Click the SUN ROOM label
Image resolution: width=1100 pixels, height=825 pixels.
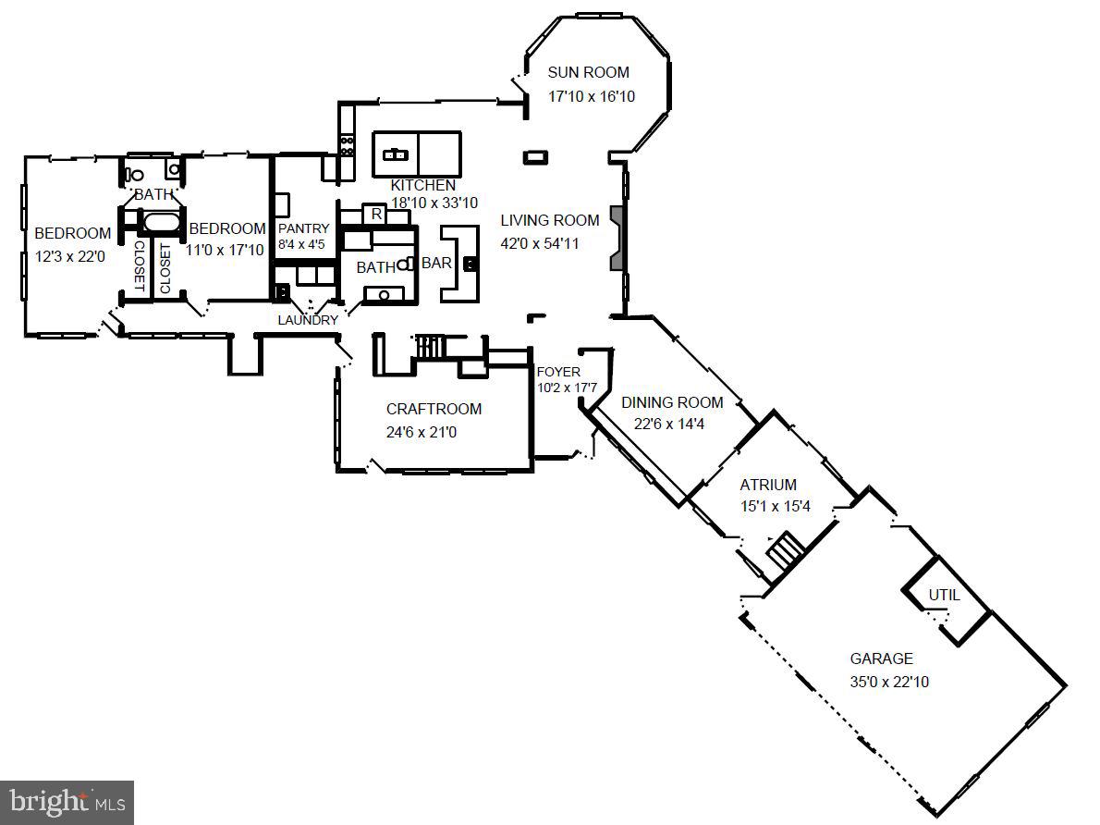(x=588, y=72)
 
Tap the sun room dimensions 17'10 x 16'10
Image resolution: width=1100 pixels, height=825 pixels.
(x=592, y=96)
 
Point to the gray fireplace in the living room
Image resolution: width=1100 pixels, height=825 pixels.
(x=617, y=238)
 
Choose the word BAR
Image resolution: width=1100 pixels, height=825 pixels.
(x=436, y=264)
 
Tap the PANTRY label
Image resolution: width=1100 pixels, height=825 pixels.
(x=303, y=229)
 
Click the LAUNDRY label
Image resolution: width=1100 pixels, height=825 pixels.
(x=308, y=320)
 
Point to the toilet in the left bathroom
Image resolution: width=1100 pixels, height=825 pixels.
(x=135, y=173)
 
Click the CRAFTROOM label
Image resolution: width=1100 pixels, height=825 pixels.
(x=434, y=409)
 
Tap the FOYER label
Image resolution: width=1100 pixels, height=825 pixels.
(x=558, y=372)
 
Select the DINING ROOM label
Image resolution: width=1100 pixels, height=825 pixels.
(x=672, y=402)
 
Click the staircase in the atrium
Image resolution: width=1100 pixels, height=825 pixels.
(x=787, y=551)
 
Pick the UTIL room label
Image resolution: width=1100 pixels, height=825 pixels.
(x=944, y=595)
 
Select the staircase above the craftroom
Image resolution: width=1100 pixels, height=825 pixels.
(x=430, y=347)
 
